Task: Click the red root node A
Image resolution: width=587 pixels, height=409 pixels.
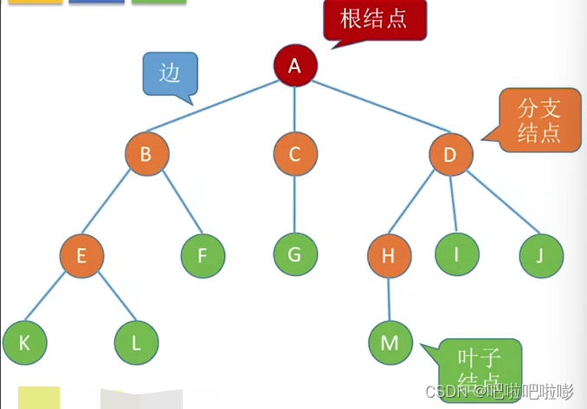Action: (x=295, y=65)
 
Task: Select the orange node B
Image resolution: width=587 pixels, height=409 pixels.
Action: (x=145, y=155)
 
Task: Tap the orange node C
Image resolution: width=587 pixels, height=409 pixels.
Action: (x=294, y=155)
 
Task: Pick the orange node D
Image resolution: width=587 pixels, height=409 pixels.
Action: (x=450, y=155)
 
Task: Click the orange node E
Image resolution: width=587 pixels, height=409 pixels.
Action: (x=82, y=255)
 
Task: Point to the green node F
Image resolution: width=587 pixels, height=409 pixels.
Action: (x=203, y=255)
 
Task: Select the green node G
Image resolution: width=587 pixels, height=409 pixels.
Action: (x=295, y=255)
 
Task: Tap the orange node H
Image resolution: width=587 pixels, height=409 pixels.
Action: (x=388, y=255)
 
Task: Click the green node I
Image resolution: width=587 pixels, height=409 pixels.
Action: (x=456, y=255)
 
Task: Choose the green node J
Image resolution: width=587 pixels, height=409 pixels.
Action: (x=542, y=255)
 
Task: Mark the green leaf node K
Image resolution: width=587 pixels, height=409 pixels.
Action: (x=24, y=342)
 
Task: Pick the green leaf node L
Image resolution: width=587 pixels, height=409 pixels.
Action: (x=136, y=342)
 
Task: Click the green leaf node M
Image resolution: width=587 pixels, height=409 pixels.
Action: (x=390, y=342)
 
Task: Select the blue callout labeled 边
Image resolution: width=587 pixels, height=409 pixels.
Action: (x=170, y=73)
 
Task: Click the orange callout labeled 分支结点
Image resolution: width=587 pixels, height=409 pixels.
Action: (x=538, y=121)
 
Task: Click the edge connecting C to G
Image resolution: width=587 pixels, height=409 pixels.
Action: (x=294, y=205)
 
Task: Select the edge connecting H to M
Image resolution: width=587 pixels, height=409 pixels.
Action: (x=389, y=298)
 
